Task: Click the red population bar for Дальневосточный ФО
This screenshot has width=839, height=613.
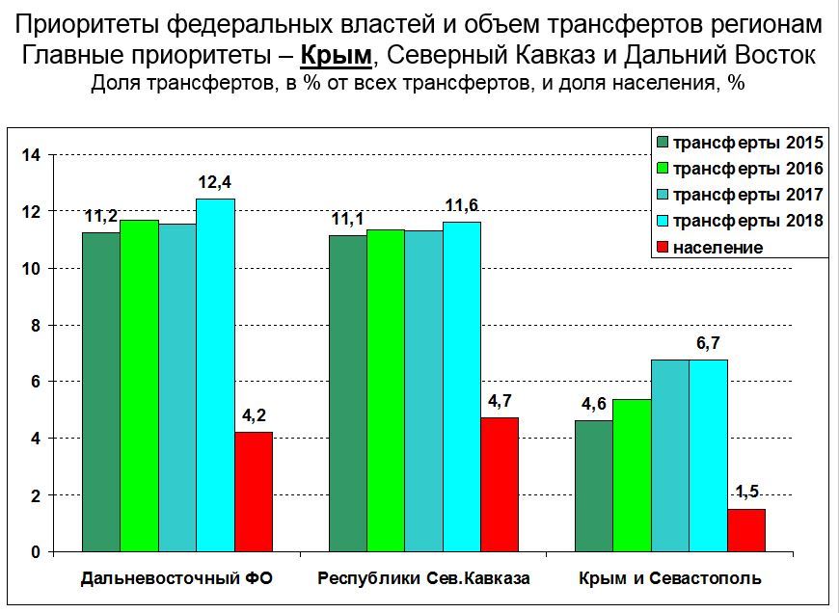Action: pyautogui.click(x=253, y=492)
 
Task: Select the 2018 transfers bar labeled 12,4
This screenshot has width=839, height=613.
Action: pyautogui.click(x=215, y=375)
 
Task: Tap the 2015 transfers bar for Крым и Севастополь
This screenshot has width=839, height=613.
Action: pyautogui.click(x=594, y=486)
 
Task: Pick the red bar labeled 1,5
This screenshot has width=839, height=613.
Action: pyautogui.click(x=746, y=530)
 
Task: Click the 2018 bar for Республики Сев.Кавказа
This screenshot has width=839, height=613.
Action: pyautogui.click(x=462, y=386)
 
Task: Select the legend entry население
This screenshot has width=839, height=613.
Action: pyautogui.click(x=718, y=247)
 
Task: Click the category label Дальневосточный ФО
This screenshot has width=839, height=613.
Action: pyautogui.click(x=177, y=579)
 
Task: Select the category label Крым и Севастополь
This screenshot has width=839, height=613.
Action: pyautogui.click(x=670, y=579)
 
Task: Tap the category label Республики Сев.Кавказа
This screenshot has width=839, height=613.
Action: pyautogui.click(x=423, y=579)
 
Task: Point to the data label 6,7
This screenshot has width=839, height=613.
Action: pyautogui.click(x=708, y=344)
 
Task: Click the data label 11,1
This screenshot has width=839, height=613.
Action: pyautogui.click(x=347, y=220)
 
